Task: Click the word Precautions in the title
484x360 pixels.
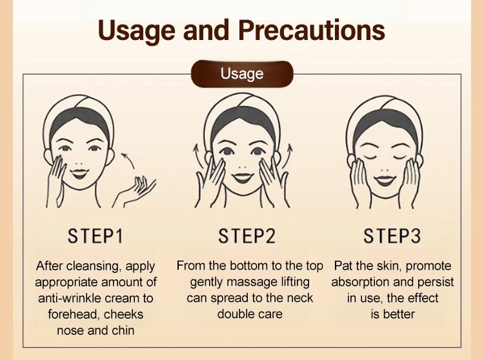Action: (x=312, y=30)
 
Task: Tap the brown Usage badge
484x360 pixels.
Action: (x=242, y=74)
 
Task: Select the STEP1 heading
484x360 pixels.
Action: (x=96, y=236)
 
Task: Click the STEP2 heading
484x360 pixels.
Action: (x=247, y=236)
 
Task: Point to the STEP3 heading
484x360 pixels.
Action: (x=392, y=236)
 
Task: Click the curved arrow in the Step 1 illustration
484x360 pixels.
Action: (x=129, y=159)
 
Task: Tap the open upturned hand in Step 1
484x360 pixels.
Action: (x=135, y=192)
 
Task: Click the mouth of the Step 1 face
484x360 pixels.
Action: (x=79, y=174)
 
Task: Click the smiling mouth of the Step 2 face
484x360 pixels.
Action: (x=243, y=178)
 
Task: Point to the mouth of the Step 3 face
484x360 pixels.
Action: (x=385, y=181)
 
